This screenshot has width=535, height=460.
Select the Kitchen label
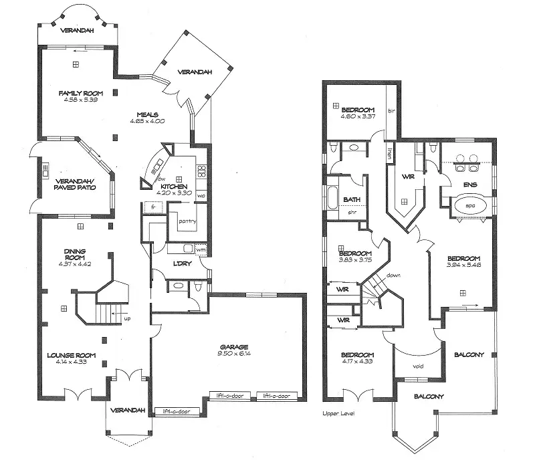[x=173, y=186]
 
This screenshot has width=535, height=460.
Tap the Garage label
[x=234, y=347]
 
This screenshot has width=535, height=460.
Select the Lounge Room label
[x=72, y=355]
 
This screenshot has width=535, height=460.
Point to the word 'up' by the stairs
[x=127, y=318]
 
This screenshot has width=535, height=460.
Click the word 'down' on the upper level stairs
[x=393, y=274]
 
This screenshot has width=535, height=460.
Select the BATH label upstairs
[x=352, y=199]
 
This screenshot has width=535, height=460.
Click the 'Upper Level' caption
[x=338, y=414]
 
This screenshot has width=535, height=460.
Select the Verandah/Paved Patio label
[x=74, y=184]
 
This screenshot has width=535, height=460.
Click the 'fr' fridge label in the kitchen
[x=153, y=208]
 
